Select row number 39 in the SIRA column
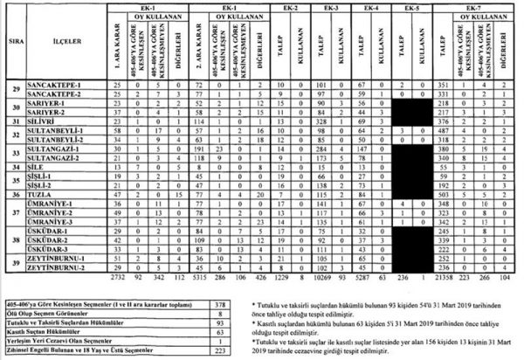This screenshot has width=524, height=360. pos(11,263)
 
